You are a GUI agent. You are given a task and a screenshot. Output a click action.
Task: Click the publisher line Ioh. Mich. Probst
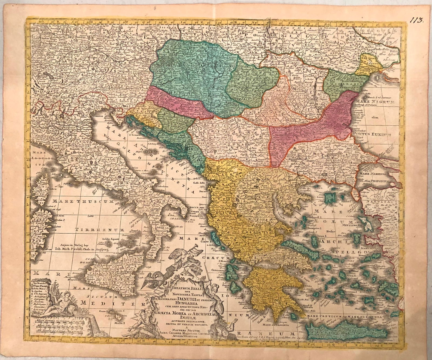82,250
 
